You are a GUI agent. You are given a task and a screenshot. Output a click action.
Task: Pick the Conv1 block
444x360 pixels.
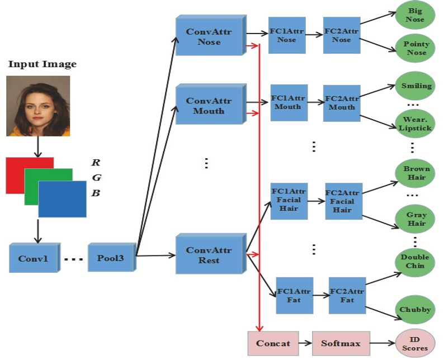(x=34, y=259)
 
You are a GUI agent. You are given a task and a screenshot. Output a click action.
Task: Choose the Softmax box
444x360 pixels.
(x=334, y=343)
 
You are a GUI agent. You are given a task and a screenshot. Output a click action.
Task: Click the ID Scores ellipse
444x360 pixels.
(x=415, y=343)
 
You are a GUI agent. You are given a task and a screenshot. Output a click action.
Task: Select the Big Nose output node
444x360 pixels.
(x=415, y=16)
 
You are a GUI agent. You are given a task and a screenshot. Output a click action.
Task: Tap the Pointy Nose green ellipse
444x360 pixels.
(x=415, y=48)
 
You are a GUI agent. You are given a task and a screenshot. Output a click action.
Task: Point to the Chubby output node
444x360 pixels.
(x=415, y=310)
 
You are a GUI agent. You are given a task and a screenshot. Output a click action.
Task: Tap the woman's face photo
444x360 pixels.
(x=38, y=106)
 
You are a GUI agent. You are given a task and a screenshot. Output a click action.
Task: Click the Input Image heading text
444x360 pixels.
(x=42, y=64)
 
